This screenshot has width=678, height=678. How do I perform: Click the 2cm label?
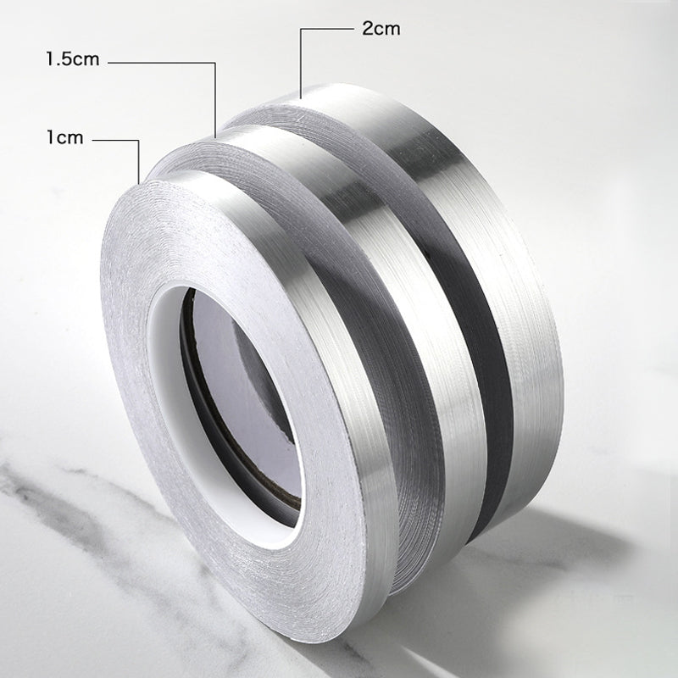381,29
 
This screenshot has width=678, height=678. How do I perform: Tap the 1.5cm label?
73,59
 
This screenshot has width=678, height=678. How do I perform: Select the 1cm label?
65,137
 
